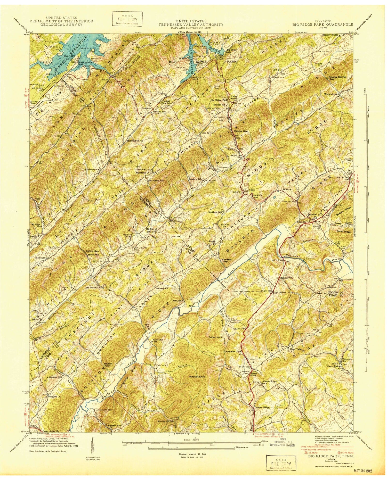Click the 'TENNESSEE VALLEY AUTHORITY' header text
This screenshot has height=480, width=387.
click(191, 24)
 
